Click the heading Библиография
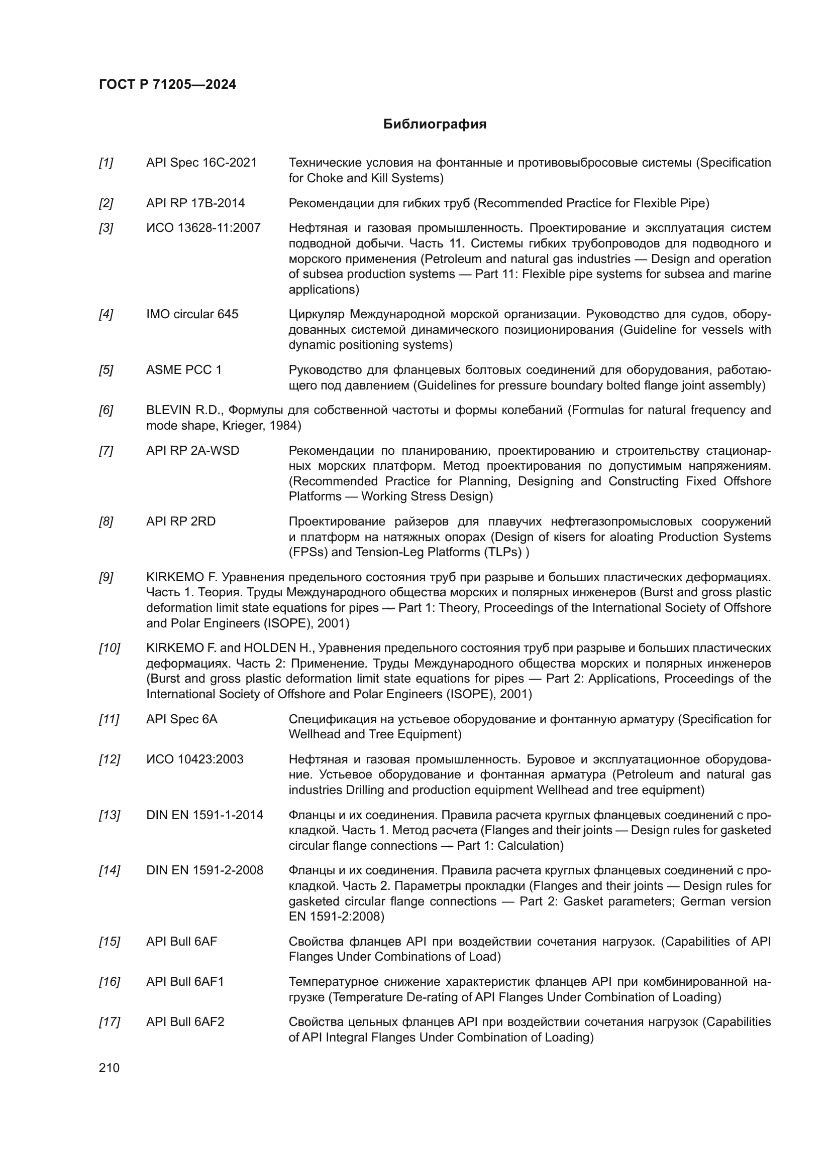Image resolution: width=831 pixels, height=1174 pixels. tap(435, 124)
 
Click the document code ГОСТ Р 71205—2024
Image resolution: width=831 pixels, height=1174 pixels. tap(167, 84)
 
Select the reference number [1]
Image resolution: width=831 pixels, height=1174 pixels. tap(106, 163)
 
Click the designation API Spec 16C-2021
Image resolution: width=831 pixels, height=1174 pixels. tap(201, 163)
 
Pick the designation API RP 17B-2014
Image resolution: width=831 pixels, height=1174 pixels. tap(195, 203)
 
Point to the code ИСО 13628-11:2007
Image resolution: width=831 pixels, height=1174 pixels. tap(203, 227)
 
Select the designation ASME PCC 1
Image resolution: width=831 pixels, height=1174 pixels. tap(184, 370)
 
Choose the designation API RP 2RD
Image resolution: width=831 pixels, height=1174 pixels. tap(181, 521)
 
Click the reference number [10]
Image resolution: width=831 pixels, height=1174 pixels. tap(109, 648)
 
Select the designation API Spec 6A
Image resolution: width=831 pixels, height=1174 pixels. tap(182, 719)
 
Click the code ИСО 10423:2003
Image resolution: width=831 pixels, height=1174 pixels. tap(194, 759)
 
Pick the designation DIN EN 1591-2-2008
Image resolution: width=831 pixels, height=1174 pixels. tap(204, 870)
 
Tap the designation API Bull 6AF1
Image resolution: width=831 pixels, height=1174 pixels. tap(185, 982)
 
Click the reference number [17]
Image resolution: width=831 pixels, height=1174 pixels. tap(109, 1022)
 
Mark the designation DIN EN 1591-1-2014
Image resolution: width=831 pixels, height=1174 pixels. tap(204, 815)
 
